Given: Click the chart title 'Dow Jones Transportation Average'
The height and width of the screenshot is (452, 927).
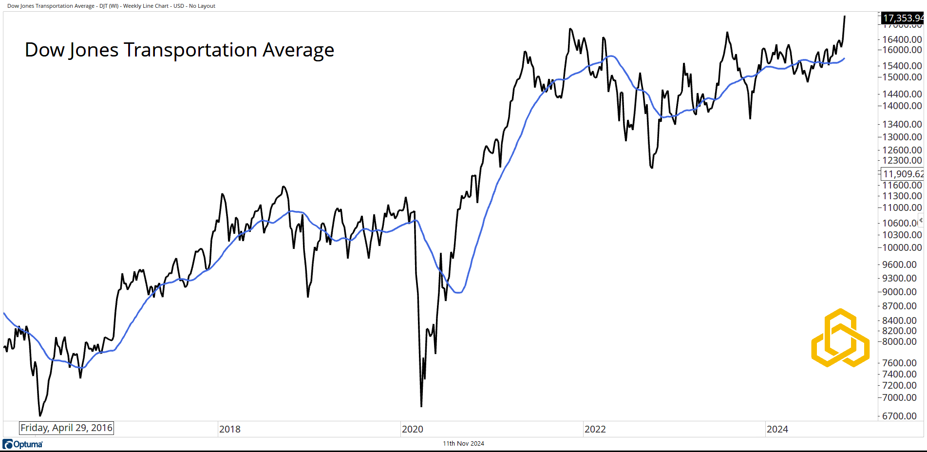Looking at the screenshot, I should tap(179, 50).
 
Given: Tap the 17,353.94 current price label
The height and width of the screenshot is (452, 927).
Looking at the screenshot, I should tap(903, 18).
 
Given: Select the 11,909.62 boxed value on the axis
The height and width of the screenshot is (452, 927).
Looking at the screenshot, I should tap(903, 174).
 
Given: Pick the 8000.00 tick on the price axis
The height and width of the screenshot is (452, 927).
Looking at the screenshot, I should tap(899, 341).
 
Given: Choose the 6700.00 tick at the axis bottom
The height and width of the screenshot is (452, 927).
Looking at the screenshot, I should tap(899, 416).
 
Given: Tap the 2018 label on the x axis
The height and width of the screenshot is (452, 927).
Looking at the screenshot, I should tap(229, 429).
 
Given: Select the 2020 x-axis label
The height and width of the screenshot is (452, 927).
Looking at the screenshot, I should tap(412, 429).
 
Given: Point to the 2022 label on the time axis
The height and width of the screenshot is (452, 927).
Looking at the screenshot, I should tap(595, 429).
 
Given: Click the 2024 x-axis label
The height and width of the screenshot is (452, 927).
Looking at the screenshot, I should tap(777, 429).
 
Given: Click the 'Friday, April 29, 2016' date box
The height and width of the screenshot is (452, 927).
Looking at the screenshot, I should tap(66, 428).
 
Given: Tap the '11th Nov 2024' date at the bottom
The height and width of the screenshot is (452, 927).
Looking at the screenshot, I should tap(463, 443).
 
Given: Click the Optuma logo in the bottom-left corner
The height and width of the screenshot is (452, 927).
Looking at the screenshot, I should tap(22, 444).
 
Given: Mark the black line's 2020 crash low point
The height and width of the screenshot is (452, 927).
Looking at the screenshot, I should tap(421, 406).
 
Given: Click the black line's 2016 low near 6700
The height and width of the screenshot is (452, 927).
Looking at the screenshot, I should tap(40, 415).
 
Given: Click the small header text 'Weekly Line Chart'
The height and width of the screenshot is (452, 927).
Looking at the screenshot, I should tap(146, 6).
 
